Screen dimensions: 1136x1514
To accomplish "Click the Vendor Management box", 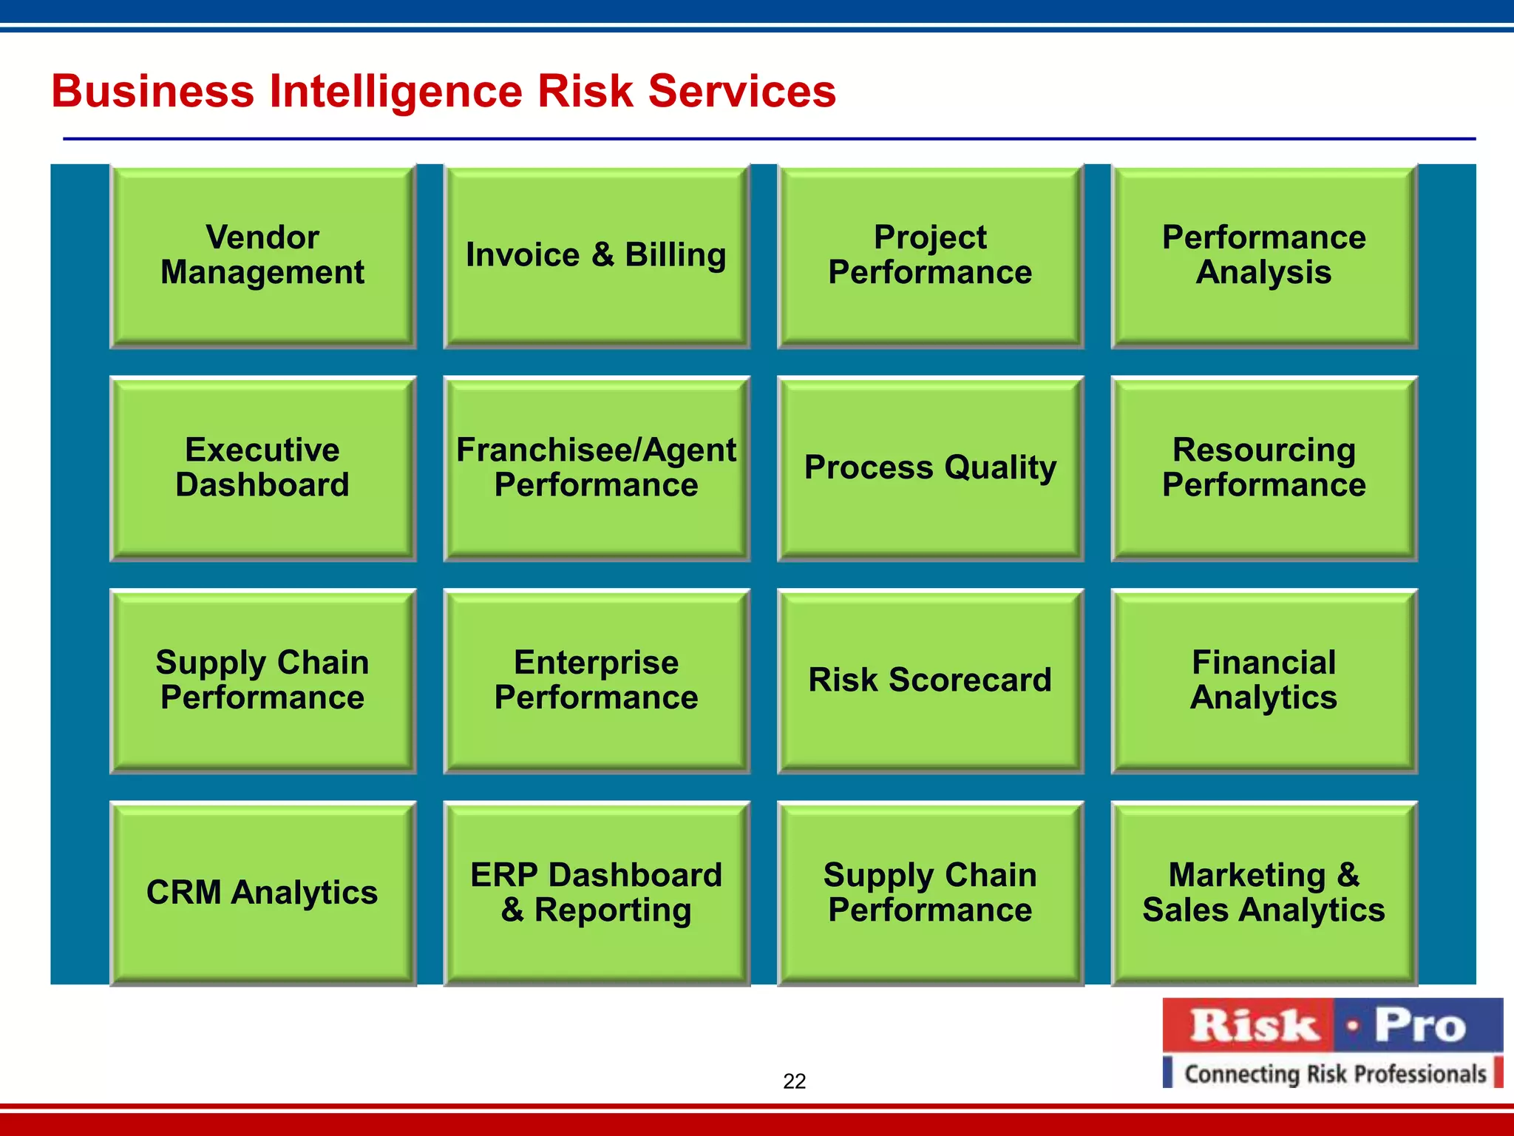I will (x=262, y=256).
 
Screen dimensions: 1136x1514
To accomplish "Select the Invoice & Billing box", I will (x=596, y=256).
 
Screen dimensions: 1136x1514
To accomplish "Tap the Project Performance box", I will (x=930, y=256).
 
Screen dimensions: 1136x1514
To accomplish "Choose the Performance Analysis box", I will (x=1263, y=256).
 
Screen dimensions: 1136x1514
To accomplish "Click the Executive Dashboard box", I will (x=262, y=468).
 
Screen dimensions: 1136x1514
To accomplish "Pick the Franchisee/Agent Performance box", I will (x=596, y=468).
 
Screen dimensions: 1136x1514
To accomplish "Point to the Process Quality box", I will (x=930, y=468).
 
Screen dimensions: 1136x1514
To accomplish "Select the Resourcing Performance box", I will (x=1263, y=468).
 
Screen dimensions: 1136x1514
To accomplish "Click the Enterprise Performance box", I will (x=596, y=680).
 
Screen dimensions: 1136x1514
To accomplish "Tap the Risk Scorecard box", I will (x=930, y=680).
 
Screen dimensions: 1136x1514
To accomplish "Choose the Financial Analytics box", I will (x=1263, y=680).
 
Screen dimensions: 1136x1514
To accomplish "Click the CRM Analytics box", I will (x=262, y=893).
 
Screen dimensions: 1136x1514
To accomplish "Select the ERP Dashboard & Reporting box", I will (x=596, y=893).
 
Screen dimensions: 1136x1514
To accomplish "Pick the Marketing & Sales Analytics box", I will (x=1263, y=893).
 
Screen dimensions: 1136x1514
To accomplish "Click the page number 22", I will (x=794, y=1081).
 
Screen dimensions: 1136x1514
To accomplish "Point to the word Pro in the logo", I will (x=1419, y=1026).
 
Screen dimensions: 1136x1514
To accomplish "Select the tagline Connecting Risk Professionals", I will (x=1334, y=1073).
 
